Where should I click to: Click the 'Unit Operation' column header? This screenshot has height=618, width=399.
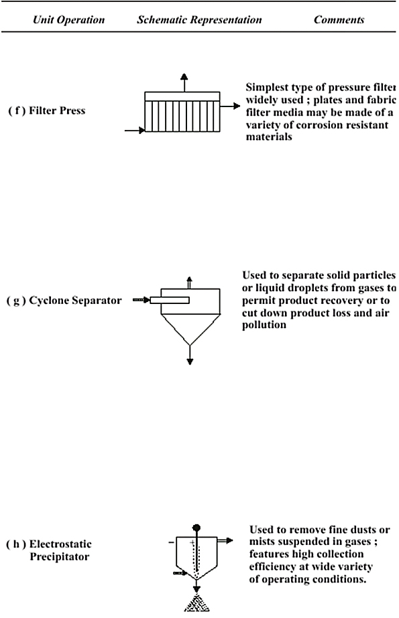tap(68, 20)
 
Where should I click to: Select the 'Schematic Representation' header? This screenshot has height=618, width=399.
tap(199, 20)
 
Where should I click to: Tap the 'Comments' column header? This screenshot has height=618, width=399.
tap(339, 19)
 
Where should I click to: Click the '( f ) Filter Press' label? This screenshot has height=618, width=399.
tap(46, 110)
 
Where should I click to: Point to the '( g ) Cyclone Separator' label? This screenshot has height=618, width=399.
tap(64, 301)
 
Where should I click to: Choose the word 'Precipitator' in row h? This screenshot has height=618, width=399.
tap(60, 557)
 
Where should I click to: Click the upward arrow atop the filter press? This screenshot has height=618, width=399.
tap(184, 82)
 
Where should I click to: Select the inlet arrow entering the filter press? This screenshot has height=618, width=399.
tap(135, 130)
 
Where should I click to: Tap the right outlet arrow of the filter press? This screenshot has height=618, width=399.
tap(230, 106)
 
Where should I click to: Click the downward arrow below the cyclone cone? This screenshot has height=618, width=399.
tap(190, 355)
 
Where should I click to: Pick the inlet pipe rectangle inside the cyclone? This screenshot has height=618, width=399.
tap(170, 301)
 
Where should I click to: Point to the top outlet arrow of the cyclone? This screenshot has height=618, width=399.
tap(189, 283)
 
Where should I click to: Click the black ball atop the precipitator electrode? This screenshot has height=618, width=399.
tap(196, 528)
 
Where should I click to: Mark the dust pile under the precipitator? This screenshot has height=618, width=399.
tap(196, 604)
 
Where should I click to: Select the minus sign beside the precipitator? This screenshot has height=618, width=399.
tap(171, 543)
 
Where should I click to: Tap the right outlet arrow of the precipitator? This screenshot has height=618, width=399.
tap(225, 541)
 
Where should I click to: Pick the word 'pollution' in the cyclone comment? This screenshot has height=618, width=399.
tap(264, 325)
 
